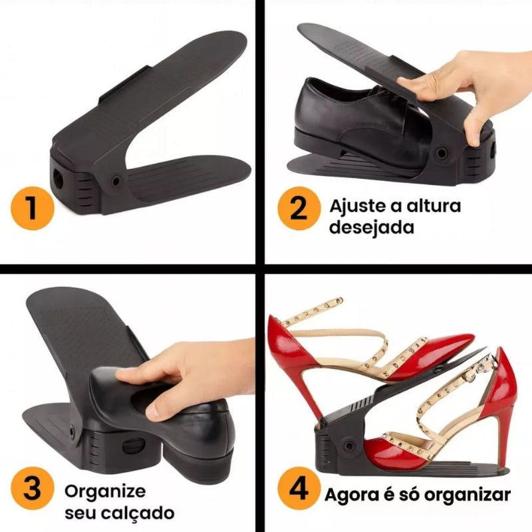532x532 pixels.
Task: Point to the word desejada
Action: (372, 227)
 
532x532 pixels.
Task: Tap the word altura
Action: (433, 205)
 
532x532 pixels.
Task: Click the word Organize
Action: (104, 491)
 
